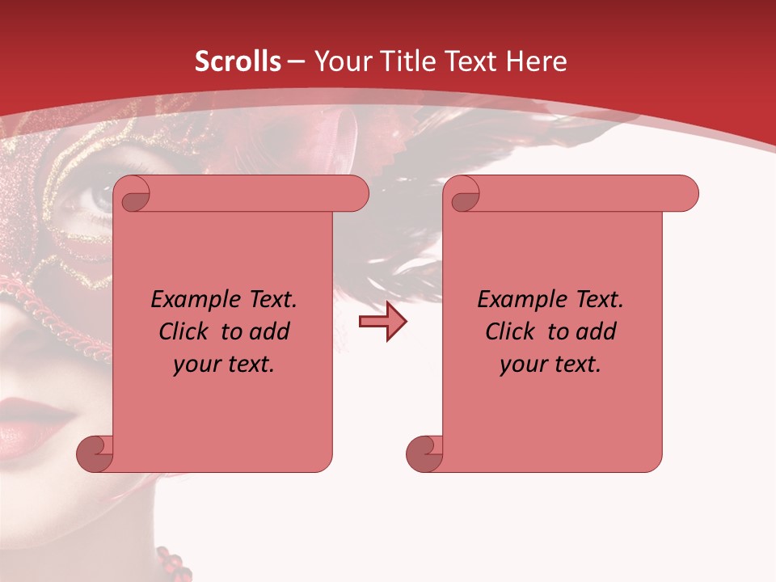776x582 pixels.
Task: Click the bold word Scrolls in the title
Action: coord(238,61)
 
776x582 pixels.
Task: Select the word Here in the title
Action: coord(535,61)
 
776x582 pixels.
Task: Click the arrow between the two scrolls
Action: coord(382,322)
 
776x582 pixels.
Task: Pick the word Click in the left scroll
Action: coord(183,331)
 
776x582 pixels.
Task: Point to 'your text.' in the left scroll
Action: coord(224,365)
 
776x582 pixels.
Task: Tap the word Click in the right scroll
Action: coord(510,331)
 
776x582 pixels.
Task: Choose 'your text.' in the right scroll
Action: coord(550,365)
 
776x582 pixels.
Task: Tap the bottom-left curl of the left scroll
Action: coord(95,453)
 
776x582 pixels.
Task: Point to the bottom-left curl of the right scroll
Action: coord(424,453)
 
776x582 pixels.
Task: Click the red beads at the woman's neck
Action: coord(171,562)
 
